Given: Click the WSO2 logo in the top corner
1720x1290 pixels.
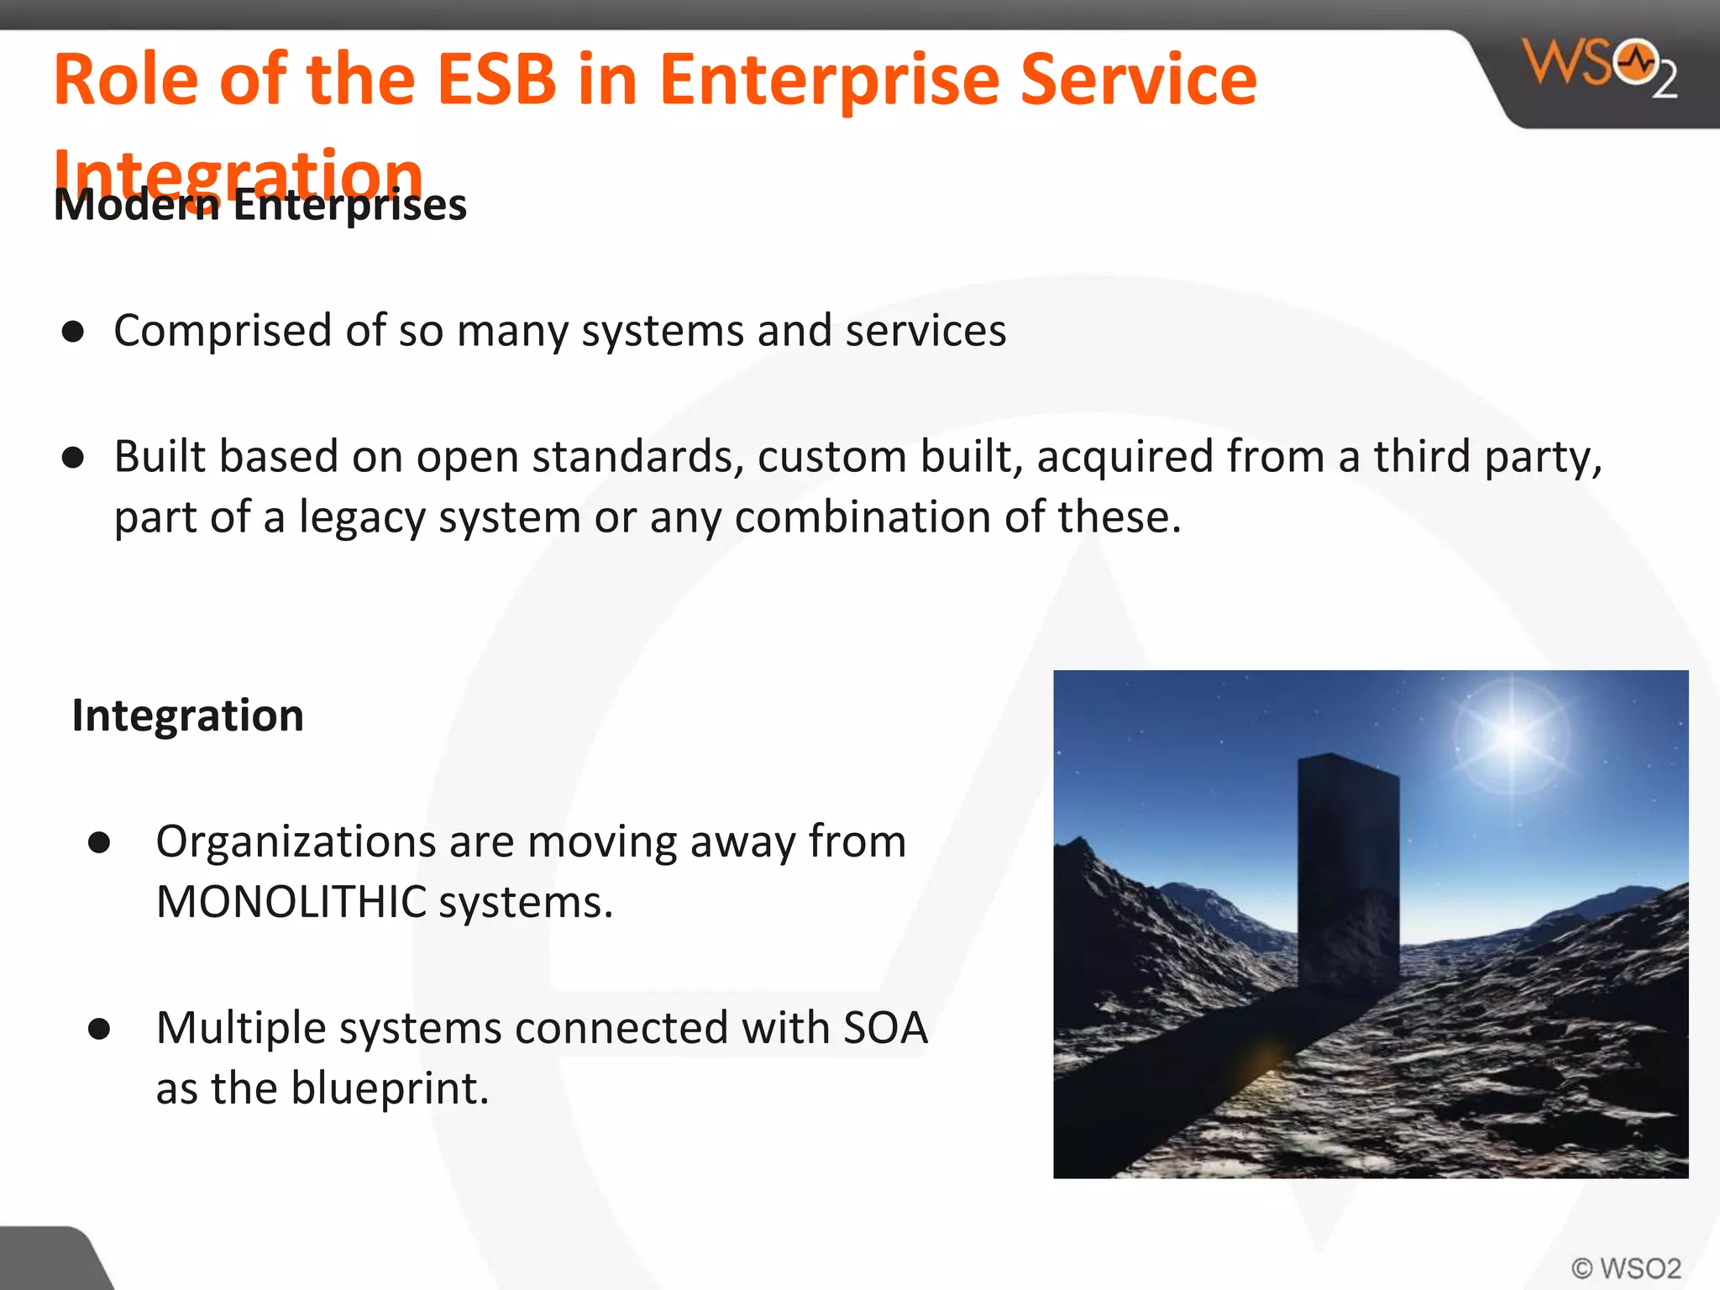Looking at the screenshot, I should click(x=1599, y=67).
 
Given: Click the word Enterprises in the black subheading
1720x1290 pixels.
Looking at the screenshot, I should click(x=349, y=206).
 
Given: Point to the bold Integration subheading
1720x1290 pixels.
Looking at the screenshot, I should click(x=188, y=716).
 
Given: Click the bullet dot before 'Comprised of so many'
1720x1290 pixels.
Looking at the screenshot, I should click(x=73, y=333).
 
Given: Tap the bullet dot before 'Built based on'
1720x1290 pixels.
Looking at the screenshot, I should click(x=73, y=458).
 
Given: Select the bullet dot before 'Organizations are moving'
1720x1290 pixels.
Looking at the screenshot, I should click(x=99, y=842).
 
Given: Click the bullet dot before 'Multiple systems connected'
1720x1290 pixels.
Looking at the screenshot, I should click(x=99, y=1029).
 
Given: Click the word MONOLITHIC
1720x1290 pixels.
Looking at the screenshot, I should click(x=291, y=903).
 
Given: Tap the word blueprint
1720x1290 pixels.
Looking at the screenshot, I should click(x=390, y=1089).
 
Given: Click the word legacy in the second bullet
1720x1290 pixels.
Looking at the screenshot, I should click(x=363, y=517).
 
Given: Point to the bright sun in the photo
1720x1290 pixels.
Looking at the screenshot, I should click(x=1512, y=736).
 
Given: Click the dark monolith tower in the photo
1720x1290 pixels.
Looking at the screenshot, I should click(x=1348, y=873).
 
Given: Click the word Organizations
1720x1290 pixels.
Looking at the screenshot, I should click(x=296, y=842).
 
